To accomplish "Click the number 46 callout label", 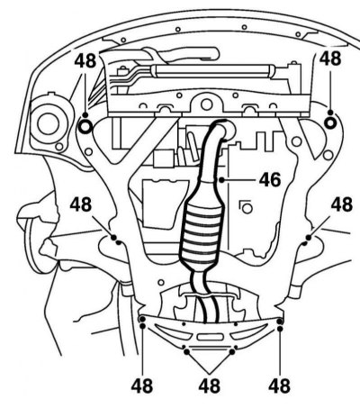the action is pyautogui.click(x=270, y=180).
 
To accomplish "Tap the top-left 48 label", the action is pyautogui.click(x=85, y=61).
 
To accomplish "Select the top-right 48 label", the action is pyautogui.click(x=330, y=59).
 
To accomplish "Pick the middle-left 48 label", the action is pyautogui.click(x=81, y=204).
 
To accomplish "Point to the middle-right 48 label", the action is pyautogui.click(x=342, y=204).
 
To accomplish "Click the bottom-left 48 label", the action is pyautogui.click(x=142, y=385).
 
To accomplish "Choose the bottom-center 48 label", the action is pyautogui.click(x=210, y=385).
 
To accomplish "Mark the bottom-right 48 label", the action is pyautogui.click(x=279, y=385).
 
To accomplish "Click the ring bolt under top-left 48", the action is pyautogui.click(x=85, y=127).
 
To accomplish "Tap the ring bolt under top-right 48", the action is pyautogui.click(x=330, y=123).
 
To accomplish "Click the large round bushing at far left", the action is pyautogui.click(x=48, y=124).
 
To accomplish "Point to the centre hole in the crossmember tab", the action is pyautogui.click(x=206, y=104).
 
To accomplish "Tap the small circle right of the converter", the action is pyautogui.click(x=247, y=208).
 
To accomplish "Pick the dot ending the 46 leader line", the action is pyautogui.click(x=221, y=180).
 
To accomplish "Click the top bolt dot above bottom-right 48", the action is pyautogui.click(x=280, y=322).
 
